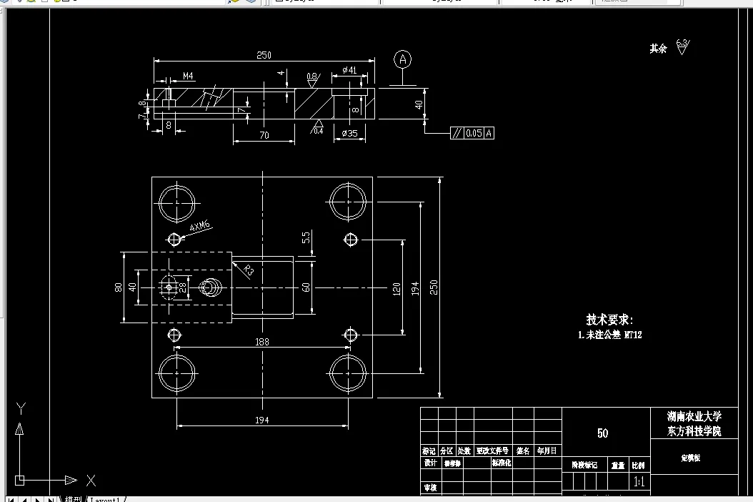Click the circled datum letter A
point(403,59)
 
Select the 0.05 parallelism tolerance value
point(473,133)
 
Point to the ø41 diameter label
point(349,69)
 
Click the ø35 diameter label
point(349,133)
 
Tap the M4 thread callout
point(188,75)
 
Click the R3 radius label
point(248,270)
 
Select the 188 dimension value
point(262,343)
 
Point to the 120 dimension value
point(396,287)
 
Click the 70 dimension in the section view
point(264,134)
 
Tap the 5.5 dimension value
point(306,237)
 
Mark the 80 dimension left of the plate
point(119,287)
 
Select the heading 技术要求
point(609,320)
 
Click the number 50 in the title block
point(602,433)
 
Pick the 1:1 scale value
point(639,483)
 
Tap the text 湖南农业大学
point(694,416)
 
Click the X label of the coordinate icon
point(91,480)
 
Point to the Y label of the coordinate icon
point(21,408)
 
